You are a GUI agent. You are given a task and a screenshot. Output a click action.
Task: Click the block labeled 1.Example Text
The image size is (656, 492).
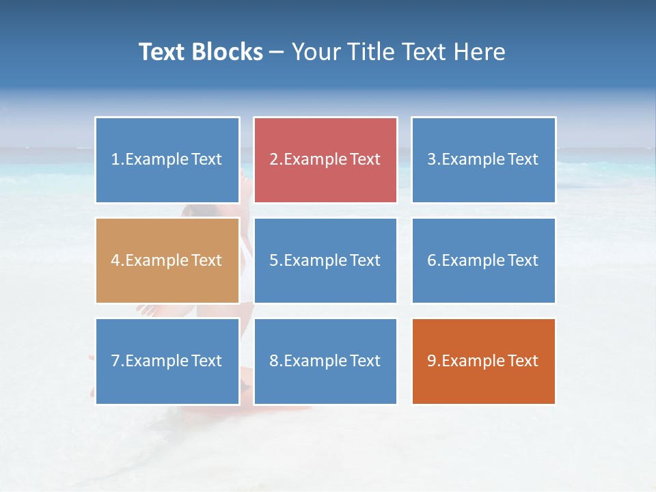coord(167,160)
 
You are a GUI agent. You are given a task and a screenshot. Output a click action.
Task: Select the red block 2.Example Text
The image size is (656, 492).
coord(325,160)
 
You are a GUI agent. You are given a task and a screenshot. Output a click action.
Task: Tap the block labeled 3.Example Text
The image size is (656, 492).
coord(483,160)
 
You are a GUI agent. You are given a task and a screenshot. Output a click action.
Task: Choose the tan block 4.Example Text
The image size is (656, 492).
coord(167,260)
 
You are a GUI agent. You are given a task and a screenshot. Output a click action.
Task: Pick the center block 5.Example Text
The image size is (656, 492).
coord(325,260)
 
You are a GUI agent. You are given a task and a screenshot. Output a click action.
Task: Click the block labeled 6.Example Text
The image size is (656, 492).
coord(483,260)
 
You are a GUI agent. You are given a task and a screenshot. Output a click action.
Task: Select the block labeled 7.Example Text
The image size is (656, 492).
coord(167,361)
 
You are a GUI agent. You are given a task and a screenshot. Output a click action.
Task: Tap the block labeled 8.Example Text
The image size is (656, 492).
coord(325,361)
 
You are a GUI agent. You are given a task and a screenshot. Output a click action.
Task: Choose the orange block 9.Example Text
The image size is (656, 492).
coord(483,361)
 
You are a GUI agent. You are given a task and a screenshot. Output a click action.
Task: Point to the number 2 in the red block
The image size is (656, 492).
coord(273,160)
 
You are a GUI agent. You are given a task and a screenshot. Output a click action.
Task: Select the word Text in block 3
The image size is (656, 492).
coord(523,160)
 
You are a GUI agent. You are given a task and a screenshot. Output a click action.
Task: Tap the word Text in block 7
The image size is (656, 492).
coord(206,361)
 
